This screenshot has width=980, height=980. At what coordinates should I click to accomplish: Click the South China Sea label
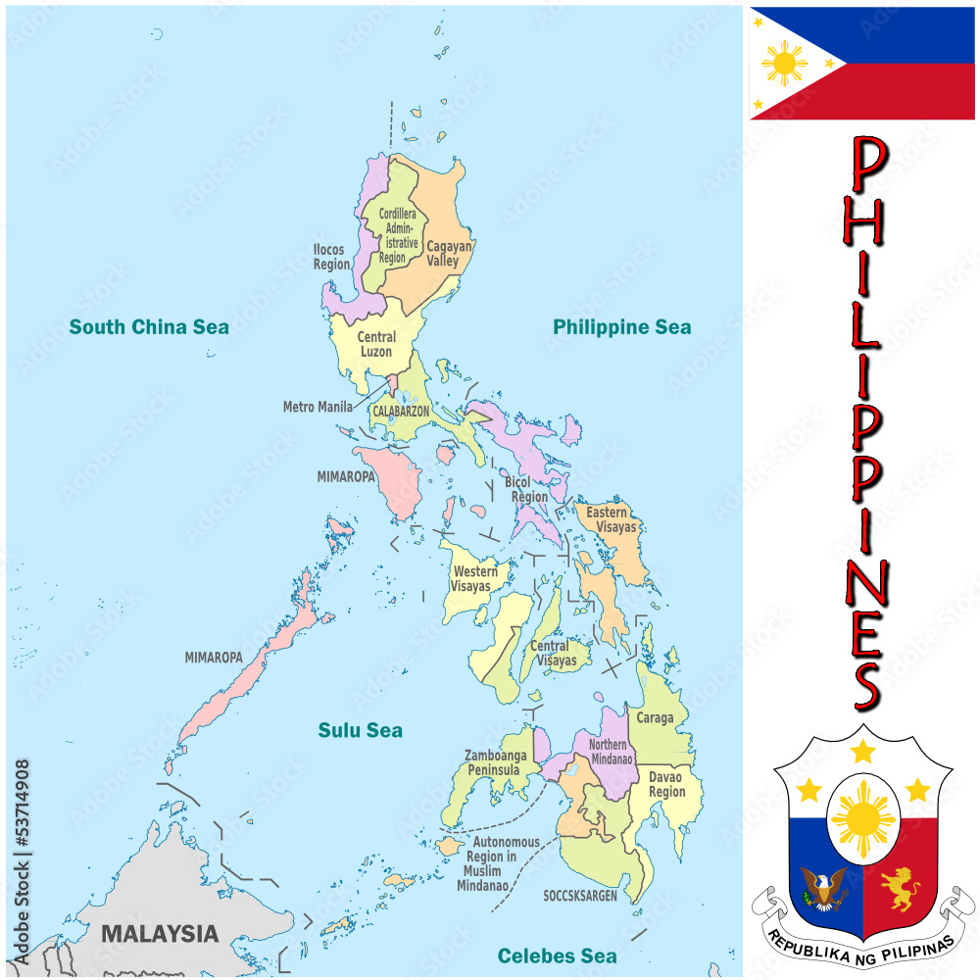(x=149, y=326)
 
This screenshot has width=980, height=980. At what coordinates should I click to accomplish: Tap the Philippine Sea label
(x=621, y=326)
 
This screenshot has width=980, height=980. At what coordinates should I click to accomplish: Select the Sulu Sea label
(x=360, y=730)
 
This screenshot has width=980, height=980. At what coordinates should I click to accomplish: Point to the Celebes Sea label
(x=557, y=955)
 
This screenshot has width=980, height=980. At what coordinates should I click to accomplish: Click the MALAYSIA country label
(x=160, y=933)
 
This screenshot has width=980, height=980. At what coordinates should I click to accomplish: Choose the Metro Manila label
(x=318, y=407)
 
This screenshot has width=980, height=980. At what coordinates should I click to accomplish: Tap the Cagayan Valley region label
(x=449, y=254)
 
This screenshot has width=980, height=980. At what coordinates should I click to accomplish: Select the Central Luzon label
(x=376, y=344)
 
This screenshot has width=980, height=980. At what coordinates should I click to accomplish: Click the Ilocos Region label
(x=330, y=257)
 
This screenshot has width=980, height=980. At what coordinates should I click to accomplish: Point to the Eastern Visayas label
(x=612, y=519)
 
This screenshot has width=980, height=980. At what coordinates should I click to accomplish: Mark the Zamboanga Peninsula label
(x=495, y=762)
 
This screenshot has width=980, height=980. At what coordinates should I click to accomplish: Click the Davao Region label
(x=666, y=784)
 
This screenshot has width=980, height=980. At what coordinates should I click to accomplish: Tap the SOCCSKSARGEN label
(x=580, y=896)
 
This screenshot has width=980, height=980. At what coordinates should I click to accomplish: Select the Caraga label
(x=655, y=718)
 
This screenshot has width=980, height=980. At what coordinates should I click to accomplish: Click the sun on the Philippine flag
(x=785, y=64)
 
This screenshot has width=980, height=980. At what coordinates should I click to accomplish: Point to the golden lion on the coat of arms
(x=900, y=888)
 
